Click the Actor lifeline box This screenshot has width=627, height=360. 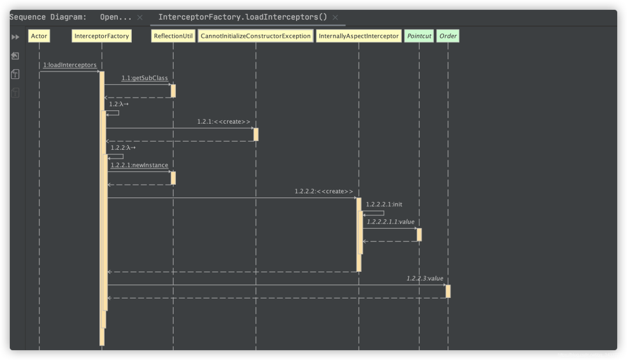point(39,36)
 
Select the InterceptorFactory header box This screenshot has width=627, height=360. point(102,36)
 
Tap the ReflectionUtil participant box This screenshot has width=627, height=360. point(173,36)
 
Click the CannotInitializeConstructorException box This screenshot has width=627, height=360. point(255,36)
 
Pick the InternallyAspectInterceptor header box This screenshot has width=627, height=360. point(359,36)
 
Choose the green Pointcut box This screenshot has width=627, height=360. point(419,36)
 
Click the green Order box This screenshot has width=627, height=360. point(448,36)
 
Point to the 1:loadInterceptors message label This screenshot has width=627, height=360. point(70,65)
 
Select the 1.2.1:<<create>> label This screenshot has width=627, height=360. point(224,121)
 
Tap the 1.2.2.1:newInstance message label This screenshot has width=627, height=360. point(139,165)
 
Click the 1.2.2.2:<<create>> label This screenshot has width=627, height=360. point(323,191)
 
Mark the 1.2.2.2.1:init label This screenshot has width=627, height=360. point(384,204)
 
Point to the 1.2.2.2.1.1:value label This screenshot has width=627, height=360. point(390,222)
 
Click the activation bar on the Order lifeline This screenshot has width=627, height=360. point(448,291)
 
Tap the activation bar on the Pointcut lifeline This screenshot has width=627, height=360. point(419,234)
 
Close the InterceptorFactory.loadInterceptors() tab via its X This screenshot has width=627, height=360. point(336,17)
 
